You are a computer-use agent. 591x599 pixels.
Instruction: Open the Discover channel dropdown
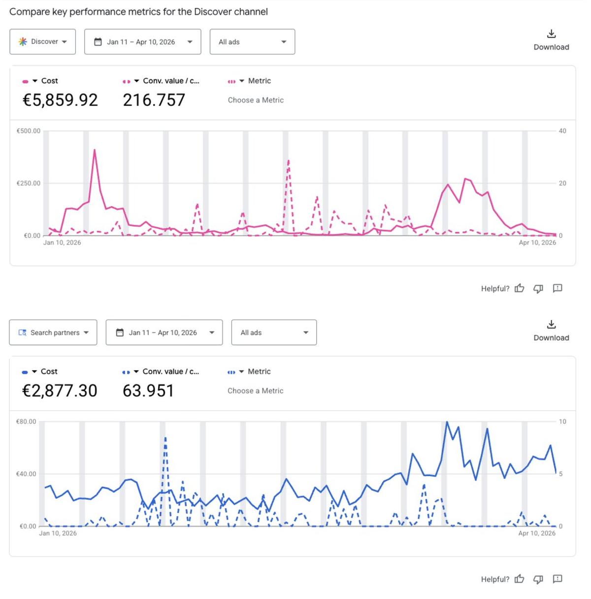coord(42,42)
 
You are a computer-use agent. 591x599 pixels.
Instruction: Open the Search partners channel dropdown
coord(53,333)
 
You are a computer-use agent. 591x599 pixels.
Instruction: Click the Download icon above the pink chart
coord(551,34)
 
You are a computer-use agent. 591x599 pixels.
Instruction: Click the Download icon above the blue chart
coord(551,324)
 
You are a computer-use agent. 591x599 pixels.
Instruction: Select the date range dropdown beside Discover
coord(142,42)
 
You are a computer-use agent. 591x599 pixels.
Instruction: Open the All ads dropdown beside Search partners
coord(274,333)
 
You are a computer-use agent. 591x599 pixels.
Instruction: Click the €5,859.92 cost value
coord(60,100)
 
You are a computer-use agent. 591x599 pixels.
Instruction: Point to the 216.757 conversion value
coord(154,100)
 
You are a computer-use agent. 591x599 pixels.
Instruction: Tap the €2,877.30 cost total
coord(60,391)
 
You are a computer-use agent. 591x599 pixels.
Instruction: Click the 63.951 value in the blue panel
coord(148,391)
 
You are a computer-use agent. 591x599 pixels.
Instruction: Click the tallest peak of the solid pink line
coord(94,150)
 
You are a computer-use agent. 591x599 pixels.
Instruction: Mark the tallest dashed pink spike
coord(288,160)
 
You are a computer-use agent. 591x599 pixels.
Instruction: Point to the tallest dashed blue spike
coord(165,438)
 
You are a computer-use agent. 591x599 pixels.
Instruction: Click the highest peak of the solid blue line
coord(447,422)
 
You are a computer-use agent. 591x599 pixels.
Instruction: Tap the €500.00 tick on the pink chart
coord(29,131)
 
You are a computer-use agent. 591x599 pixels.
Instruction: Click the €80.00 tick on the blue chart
coord(26,422)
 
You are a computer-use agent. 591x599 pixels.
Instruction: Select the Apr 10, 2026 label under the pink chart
coord(537,243)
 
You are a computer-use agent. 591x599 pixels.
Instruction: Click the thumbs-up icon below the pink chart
coord(519,288)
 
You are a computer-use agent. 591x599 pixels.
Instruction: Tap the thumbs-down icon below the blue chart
coord(538,579)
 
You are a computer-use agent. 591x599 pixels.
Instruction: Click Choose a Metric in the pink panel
coord(256,100)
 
